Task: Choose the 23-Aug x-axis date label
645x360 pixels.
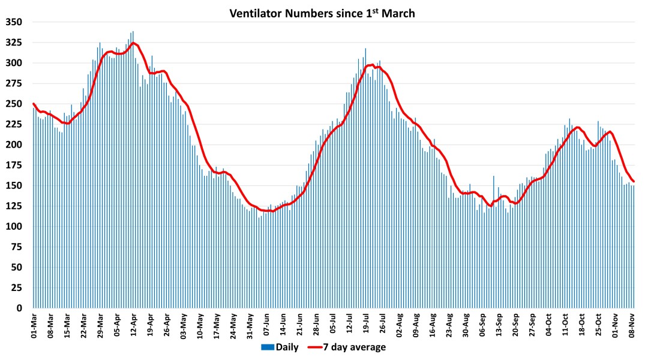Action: [x=450, y=325]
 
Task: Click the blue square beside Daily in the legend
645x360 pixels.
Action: [x=267, y=347]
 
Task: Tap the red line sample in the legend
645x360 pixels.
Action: [x=318, y=347]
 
